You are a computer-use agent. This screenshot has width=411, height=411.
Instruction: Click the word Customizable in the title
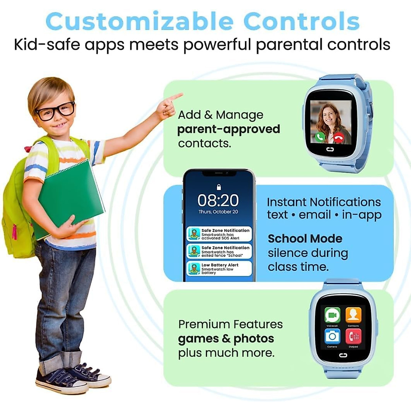coord(139,21)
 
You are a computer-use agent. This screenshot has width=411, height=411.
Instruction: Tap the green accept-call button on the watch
coord(320,137)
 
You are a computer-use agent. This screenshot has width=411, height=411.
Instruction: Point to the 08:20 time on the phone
coord(218,200)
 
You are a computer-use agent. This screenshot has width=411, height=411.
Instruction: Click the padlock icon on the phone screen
coord(219,187)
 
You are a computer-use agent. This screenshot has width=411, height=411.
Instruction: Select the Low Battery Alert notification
coord(219,269)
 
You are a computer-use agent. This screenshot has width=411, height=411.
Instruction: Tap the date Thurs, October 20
coord(218,212)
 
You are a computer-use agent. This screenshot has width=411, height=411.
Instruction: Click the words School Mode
coord(305,238)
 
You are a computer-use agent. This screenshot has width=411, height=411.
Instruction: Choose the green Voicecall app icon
coord(332,315)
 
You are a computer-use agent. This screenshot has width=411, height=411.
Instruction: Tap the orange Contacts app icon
coord(353,315)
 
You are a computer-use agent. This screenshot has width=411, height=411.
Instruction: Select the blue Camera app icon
coord(332,336)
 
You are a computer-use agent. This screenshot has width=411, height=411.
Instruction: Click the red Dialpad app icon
coord(353,336)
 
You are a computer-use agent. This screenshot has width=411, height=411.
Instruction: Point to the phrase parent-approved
coord(228,129)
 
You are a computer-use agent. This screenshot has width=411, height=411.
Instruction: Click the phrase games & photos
coord(226,338)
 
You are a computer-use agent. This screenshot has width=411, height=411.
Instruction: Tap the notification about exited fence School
coord(219,251)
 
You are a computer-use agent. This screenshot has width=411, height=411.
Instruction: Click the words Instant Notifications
coord(324,202)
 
